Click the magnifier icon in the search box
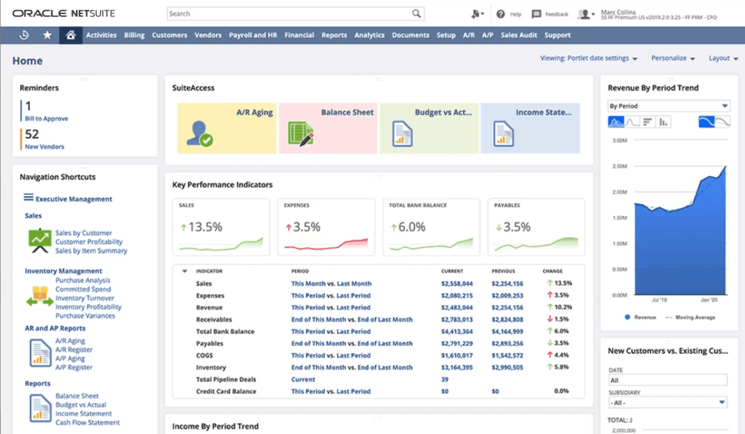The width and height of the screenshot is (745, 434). point(416,14)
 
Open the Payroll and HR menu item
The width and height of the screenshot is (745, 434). point(253,35)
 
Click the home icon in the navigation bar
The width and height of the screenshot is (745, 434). point(70,35)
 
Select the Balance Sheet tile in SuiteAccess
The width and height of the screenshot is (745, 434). point(328,128)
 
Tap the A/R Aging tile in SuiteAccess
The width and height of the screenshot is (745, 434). point(227,128)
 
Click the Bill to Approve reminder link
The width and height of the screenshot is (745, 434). point(46,118)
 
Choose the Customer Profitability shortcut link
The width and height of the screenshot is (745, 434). point(89,242)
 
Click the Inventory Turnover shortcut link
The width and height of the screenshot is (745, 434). point(85,298)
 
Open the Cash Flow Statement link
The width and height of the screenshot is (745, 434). point(88,423)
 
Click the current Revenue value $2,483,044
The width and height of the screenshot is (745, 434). point(457,307)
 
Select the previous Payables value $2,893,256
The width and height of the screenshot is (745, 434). point(507,343)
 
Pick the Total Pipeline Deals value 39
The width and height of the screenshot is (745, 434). point(445,379)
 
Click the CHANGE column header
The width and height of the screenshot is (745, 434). point(552,271)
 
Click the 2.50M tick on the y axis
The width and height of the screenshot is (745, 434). point(620,166)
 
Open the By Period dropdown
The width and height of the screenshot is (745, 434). point(669,106)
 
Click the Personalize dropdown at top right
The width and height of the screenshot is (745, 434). point(673,58)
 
